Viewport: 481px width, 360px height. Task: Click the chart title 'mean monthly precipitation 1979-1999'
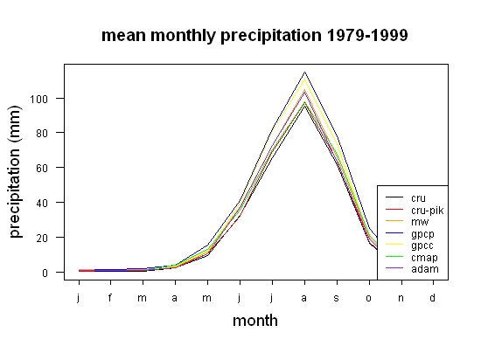pyautogui.click(x=254, y=36)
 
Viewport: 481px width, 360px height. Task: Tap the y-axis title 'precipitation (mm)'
pyautogui.click(x=15, y=171)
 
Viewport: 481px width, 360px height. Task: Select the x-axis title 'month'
pyautogui.click(x=255, y=321)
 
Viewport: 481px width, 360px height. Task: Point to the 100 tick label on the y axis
pyautogui.click(x=38, y=99)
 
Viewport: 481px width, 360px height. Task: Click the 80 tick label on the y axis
pyautogui.click(x=42, y=134)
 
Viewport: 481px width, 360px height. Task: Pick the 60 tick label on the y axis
pyautogui.click(x=42, y=168)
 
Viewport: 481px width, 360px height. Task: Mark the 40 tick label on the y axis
pyautogui.click(x=42, y=203)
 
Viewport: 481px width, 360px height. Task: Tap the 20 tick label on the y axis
pyautogui.click(x=42, y=238)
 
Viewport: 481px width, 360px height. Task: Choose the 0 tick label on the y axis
pyautogui.click(x=45, y=273)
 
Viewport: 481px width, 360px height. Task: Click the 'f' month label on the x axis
pyautogui.click(x=110, y=297)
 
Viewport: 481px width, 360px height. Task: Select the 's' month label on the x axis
pyautogui.click(x=337, y=298)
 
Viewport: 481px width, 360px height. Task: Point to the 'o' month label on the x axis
pyautogui.click(x=369, y=298)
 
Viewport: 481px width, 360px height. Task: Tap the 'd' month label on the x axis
pyautogui.click(x=432, y=297)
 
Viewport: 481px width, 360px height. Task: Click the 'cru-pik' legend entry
pyautogui.click(x=415, y=211)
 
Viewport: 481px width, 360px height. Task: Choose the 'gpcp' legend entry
pyautogui.click(x=410, y=234)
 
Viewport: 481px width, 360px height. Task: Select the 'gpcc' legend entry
pyautogui.click(x=410, y=246)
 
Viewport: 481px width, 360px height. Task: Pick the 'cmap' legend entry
pyautogui.click(x=412, y=258)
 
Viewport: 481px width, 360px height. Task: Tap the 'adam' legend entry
pyautogui.click(x=412, y=269)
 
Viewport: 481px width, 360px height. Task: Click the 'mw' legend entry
pyautogui.click(x=408, y=221)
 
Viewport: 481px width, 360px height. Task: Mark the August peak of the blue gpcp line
pyautogui.click(x=304, y=72)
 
